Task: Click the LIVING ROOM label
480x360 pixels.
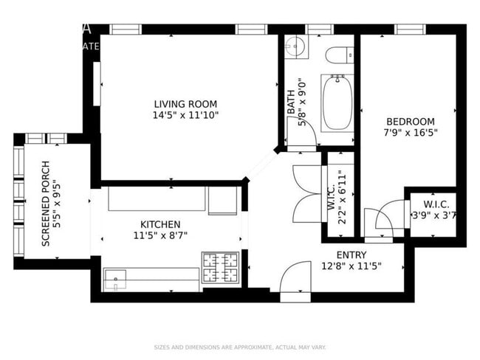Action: point(185,104)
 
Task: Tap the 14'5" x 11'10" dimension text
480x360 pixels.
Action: point(185,115)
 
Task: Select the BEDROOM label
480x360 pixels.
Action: point(410,122)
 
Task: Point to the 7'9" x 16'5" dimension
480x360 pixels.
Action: point(410,134)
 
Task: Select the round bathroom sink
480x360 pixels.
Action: point(296,45)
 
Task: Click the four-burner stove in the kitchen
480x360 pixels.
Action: point(219,267)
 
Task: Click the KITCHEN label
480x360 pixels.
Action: point(160,224)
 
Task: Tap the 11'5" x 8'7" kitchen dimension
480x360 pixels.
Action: point(160,236)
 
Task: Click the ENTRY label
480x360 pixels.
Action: point(352,255)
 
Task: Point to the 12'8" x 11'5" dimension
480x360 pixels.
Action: point(352,266)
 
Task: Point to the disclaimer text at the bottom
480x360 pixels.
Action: point(240,347)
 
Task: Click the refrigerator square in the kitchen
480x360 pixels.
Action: point(222,200)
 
